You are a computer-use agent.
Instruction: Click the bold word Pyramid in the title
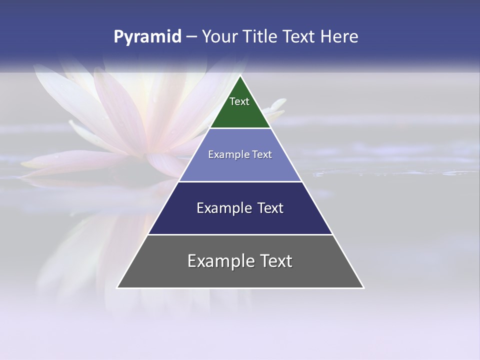147,37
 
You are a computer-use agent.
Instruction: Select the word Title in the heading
261,37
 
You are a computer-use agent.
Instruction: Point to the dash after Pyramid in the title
191,37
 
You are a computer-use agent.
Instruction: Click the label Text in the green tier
239,101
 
